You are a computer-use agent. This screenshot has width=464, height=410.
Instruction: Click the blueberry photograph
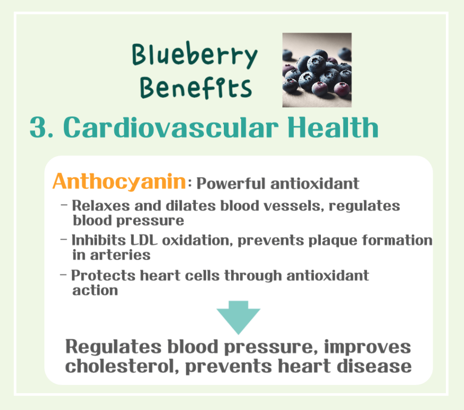click(x=317, y=70)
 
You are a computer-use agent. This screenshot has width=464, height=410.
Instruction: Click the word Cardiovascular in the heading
click(x=172, y=128)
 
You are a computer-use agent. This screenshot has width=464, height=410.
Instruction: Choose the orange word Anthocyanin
click(x=119, y=182)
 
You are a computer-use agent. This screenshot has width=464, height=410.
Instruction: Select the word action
click(x=95, y=290)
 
